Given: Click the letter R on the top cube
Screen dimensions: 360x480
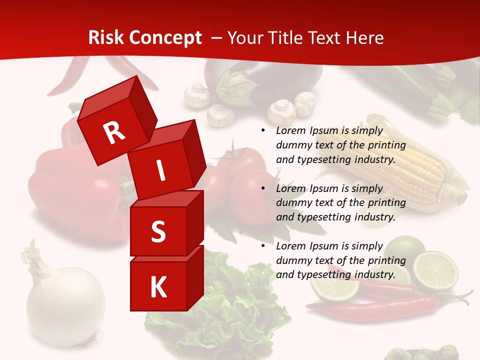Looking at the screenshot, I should tap(114, 132).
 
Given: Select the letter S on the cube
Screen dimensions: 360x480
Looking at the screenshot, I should tap(158, 231).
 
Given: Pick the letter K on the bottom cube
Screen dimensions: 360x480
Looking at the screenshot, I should tap(158, 287).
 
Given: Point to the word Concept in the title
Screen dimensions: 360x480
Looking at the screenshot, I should tap(165, 38).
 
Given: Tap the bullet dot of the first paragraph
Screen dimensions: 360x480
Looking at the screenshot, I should tap(263, 131).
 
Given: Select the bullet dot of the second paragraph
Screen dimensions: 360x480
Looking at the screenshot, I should tap(263, 189).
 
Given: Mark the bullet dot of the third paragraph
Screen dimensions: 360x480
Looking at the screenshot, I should tap(263, 246).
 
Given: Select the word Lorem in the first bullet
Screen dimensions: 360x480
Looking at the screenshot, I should tap(290, 131).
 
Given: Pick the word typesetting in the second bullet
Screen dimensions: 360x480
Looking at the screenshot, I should tap(320, 217).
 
